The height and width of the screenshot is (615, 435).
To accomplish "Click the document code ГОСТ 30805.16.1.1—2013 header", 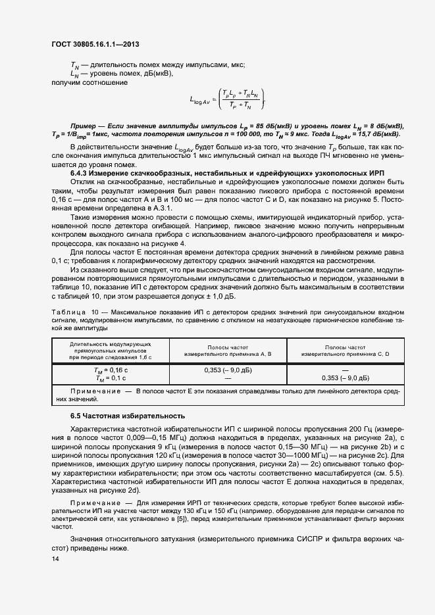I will tap(94, 45).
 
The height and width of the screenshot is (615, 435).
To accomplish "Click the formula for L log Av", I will tap(228, 100).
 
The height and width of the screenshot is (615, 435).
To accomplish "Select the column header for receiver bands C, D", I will tap(345, 350).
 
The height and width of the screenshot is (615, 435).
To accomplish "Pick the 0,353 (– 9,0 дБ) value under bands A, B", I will tap(228, 370).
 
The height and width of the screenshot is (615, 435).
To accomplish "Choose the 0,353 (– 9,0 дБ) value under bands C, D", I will tap(345, 378).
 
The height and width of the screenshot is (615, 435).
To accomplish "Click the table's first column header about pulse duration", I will tap(110, 350).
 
